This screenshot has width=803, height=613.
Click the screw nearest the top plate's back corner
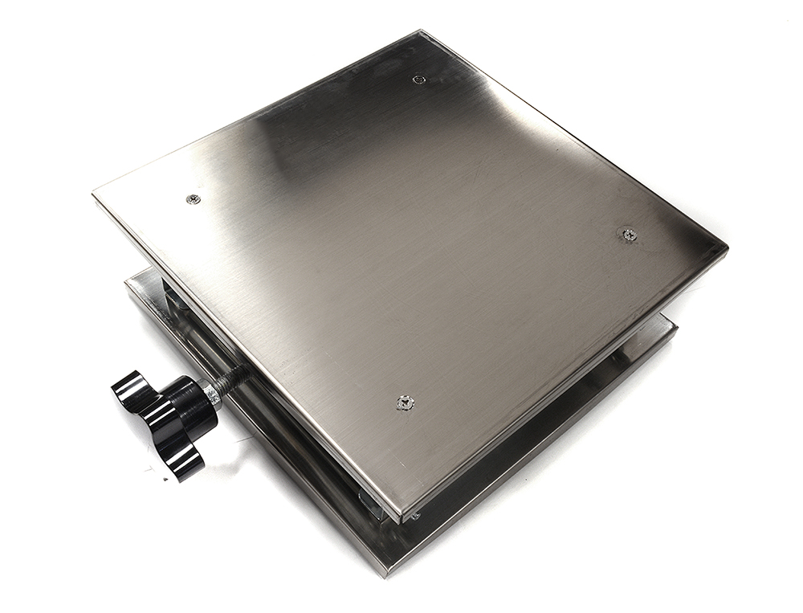click(x=418, y=79)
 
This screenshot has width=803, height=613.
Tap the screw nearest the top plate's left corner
click(x=193, y=198)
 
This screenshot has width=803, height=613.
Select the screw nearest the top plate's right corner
click(x=630, y=235)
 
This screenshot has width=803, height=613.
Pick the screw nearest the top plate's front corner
click(x=405, y=403)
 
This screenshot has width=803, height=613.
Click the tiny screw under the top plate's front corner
click(x=414, y=515)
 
